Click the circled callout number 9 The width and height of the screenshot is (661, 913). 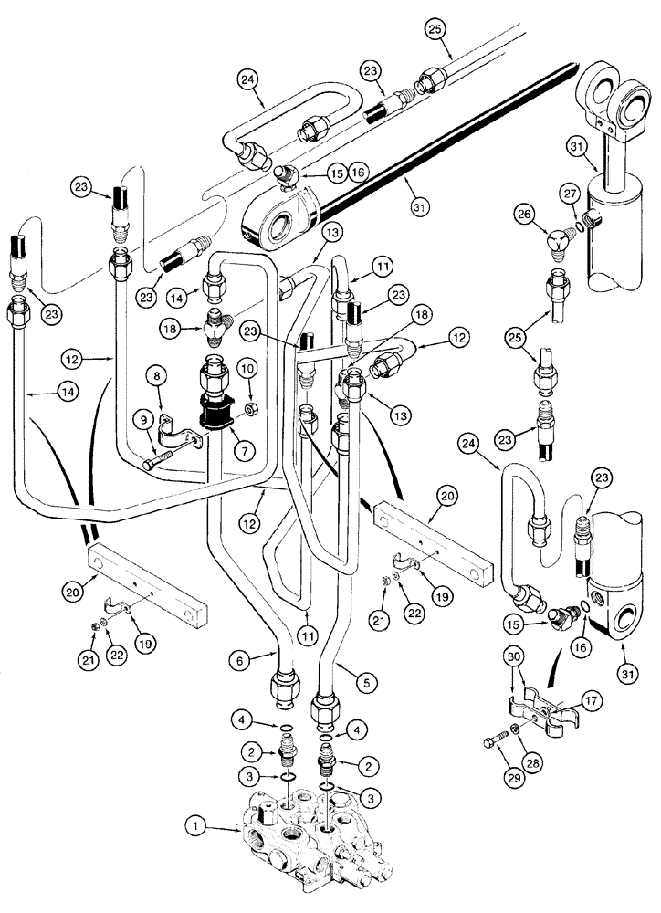(x=141, y=421)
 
